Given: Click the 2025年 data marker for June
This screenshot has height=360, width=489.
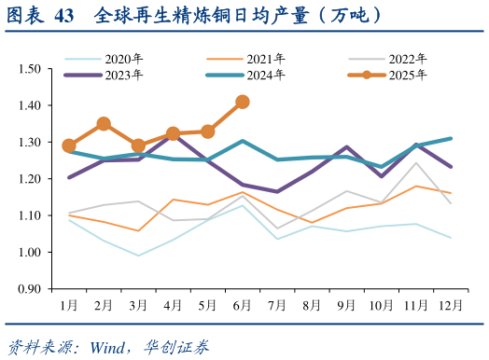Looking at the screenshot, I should pyautogui.click(x=243, y=102).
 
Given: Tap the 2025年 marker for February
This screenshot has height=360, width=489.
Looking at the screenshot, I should pyautogui.click(x=104, y=124).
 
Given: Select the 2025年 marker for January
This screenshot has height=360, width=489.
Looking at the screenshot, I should pyautogui.click(x=69, y=145).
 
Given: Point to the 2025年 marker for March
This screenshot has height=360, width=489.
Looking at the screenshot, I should pyautogui.click(x=138, y=145).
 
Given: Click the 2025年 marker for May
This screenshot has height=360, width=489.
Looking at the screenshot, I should pyautogui.click(x=208, y=132).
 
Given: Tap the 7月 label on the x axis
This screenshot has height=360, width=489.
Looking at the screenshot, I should pyautogui.click(x=277, y=305).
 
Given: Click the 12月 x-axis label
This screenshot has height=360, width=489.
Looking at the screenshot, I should pyautogui.click(x=452, y=305).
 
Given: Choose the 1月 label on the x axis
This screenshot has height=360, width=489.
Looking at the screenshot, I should pyautogui.click(x=69, y=305).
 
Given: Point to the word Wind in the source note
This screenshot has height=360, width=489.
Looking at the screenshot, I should pyautogui.click(x=107, y=347).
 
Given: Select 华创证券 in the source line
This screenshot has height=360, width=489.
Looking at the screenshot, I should pyautogui.click(x=178, y=347).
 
